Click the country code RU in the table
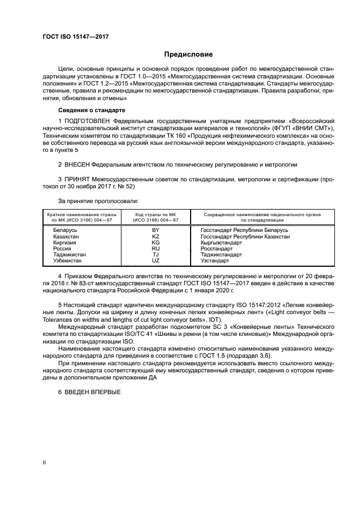tap(155, 249)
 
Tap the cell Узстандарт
tap(216, 261)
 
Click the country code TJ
tap(155, 255)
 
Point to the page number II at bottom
tap(45, 463)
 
